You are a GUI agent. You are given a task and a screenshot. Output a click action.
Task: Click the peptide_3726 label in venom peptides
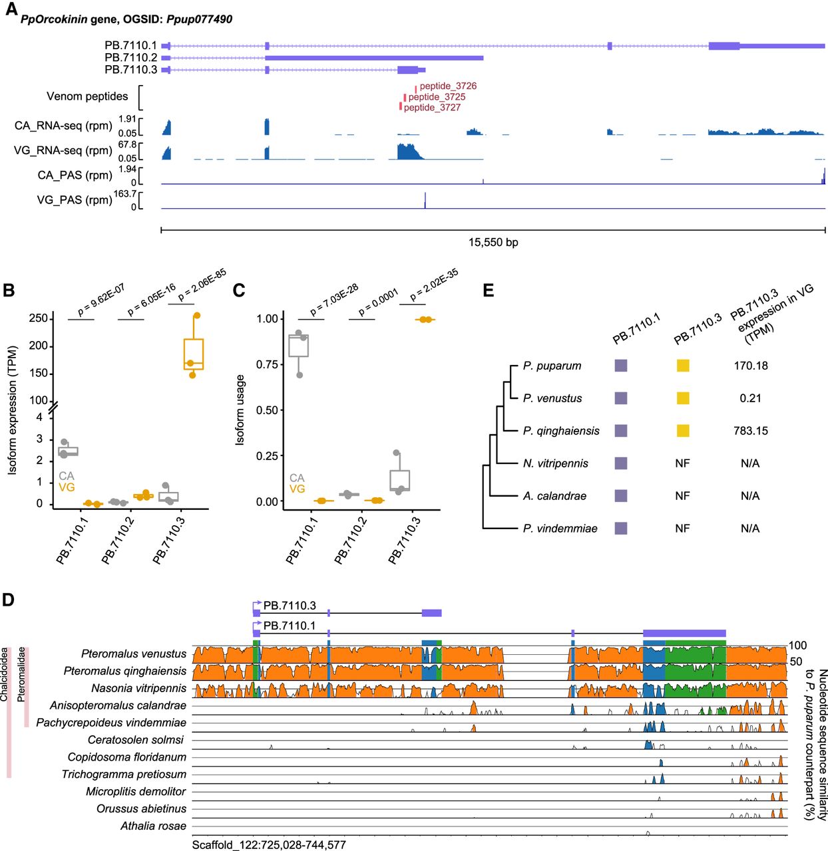[448, 86]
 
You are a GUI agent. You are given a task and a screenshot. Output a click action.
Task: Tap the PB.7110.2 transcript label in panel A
[130, 58]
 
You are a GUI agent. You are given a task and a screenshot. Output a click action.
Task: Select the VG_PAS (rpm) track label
[74, 199]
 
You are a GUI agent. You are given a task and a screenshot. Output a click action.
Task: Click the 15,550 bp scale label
[493, 242]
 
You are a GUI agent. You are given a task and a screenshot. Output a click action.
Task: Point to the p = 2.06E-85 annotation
[202, 285]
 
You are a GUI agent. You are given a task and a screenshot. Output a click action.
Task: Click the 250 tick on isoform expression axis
[39, 318]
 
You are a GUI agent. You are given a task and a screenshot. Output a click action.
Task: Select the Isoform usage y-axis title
[240, 410]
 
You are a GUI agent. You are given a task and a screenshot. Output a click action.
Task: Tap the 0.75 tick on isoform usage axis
[267, 364]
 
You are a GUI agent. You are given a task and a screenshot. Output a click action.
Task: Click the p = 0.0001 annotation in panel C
[378, 302]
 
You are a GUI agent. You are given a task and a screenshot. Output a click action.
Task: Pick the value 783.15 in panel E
[751, 431]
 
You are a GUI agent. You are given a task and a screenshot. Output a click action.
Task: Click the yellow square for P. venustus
[683, 398]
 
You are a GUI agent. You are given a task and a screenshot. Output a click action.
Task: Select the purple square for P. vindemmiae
[621, 529]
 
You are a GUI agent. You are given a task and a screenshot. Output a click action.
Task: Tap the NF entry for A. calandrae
[682, 496]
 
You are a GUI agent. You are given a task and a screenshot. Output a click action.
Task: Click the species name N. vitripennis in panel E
[555, 463]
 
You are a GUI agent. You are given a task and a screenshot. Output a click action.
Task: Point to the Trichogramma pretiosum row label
[124, 774]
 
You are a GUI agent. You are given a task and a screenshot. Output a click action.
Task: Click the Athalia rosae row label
[153, 826]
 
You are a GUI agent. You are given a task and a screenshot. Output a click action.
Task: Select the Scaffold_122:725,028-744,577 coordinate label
[269, 844]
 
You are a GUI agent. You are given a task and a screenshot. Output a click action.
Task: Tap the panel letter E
[488, 290]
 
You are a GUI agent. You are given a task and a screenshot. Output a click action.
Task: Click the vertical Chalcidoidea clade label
[5, 674]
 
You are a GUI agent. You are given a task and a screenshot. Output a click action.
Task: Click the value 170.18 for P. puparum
[751, 366]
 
